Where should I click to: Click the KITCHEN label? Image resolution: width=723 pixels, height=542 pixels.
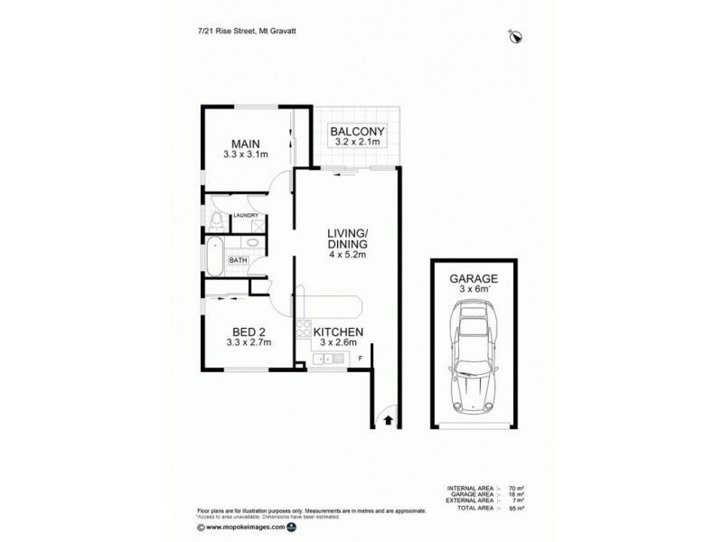pos(337,332)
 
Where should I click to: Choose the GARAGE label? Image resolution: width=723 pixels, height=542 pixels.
pos(474,280)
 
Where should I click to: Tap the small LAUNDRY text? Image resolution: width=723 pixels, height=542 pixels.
pos(246,215)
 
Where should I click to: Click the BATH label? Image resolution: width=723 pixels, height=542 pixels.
pos(237,260)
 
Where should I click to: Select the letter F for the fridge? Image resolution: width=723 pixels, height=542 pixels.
pos(361,360)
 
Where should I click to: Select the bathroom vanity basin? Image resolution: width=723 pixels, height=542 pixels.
pos(251,243)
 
